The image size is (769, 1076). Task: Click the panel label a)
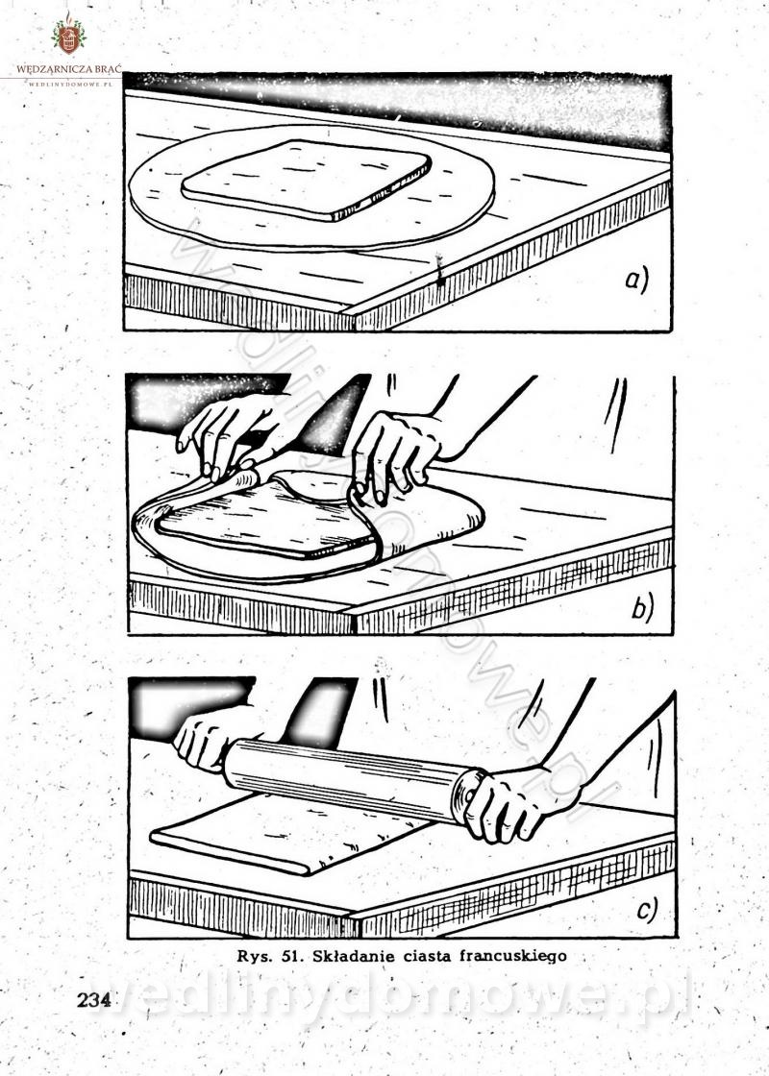(x=635, y=281)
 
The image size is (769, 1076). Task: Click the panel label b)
(x=642, y=608)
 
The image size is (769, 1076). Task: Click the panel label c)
(x=646, y=910)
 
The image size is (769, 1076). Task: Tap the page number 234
(x=94, y=1000)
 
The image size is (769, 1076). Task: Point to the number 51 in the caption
(x=292, y=956)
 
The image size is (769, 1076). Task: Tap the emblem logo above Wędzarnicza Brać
(x=68, y=35)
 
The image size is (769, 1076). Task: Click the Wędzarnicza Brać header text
(x=68, y=69)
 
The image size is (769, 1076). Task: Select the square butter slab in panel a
(x=307, y=180)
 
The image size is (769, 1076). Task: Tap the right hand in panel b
(x=398, y=452)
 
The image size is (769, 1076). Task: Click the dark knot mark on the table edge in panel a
(x=439, y=269)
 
